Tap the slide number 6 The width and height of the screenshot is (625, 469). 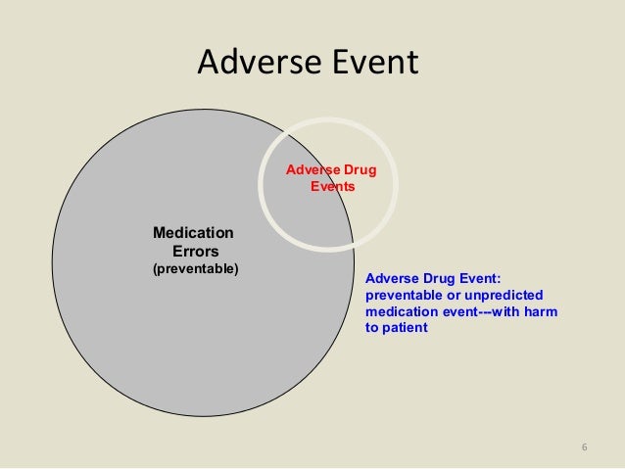584,448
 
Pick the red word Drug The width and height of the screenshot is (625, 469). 357,169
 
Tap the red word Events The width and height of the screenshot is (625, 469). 333,185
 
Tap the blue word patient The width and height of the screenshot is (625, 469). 405,328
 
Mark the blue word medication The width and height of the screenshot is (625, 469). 400,311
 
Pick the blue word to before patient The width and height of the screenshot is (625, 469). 371,328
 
